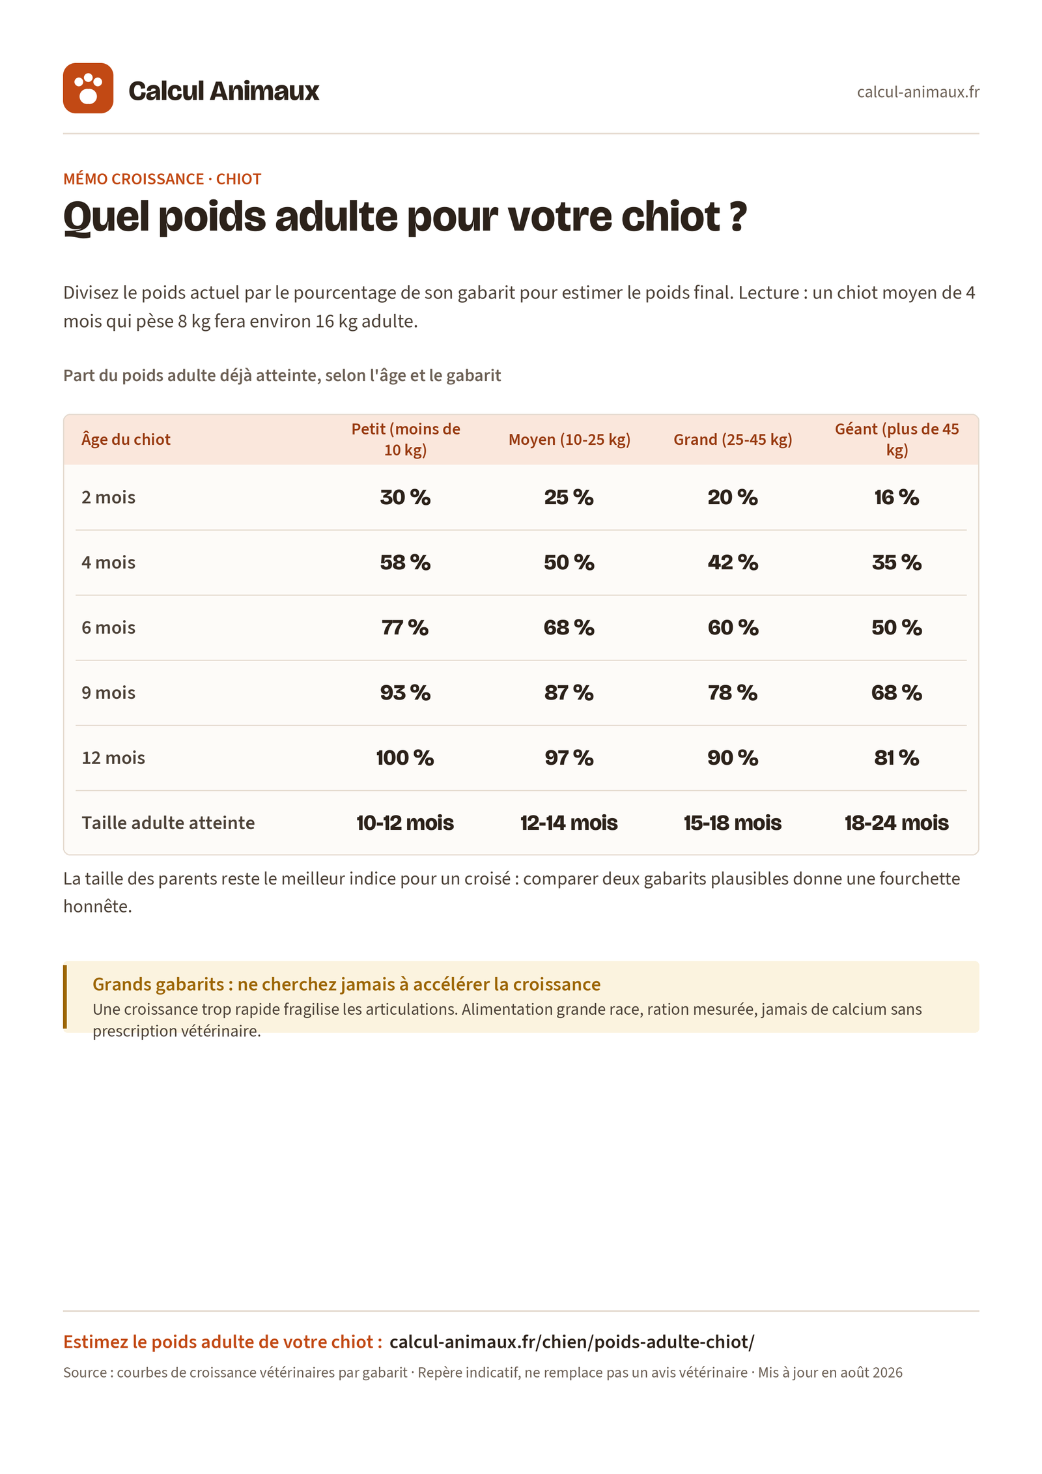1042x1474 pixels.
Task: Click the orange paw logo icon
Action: (88, 88)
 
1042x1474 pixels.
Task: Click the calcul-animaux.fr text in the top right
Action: (918, 92)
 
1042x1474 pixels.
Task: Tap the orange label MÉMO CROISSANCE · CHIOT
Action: (162, 179)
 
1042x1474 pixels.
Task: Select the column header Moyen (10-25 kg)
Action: (569, 440)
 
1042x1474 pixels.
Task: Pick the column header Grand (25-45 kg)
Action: (733, 440)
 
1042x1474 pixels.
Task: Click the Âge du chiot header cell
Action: (126, 440)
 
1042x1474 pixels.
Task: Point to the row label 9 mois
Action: (109, 692)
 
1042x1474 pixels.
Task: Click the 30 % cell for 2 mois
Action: (405, 498)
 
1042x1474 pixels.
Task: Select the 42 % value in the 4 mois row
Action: (733, 563)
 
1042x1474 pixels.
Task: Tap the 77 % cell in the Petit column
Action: (405, 628)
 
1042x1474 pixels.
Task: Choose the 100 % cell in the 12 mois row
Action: (405, 758)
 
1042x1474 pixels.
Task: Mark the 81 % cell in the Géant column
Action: (897, 758)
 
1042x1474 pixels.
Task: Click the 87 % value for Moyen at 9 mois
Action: (569, 693)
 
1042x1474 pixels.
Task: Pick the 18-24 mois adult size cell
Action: (897, 823)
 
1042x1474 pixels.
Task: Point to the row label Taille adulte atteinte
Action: (168, 823)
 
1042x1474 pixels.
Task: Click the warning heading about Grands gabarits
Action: (346, 984)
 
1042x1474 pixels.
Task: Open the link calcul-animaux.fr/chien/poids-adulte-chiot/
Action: (572, 1342)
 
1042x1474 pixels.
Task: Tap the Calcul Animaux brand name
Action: (224, 91)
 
